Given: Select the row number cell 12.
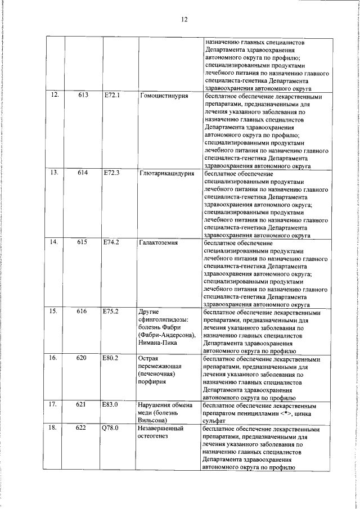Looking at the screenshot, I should [x=55, y=96].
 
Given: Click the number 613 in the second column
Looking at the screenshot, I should [x=83, y=96].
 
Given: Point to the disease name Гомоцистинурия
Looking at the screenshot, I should [x=163, y=96].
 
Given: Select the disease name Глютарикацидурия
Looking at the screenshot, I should [x=166, y=173].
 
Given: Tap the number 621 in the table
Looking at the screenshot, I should [x=83, y=404].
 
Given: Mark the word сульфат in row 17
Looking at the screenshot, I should [x=214, y=420].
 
